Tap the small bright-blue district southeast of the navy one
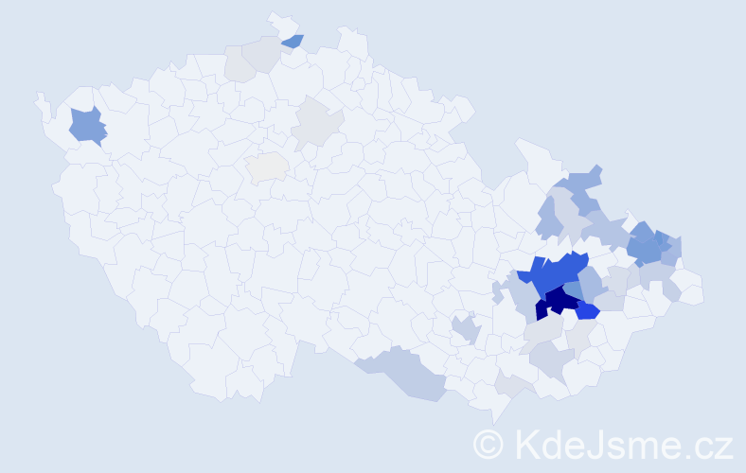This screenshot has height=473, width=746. tap(588, 311)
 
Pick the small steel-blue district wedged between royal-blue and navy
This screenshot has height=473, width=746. tap(574, 289)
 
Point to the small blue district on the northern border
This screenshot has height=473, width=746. tap(293, 41)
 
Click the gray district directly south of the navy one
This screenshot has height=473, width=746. tap(543, 329)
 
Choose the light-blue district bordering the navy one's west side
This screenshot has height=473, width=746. tap(524, 297)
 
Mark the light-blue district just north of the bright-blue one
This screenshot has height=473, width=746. tap(593, 284)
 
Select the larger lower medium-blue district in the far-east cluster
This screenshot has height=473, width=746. tap(647, 248)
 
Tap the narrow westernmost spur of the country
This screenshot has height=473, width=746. tap(41, 102)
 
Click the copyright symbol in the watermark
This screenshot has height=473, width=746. tap(488, 444)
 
